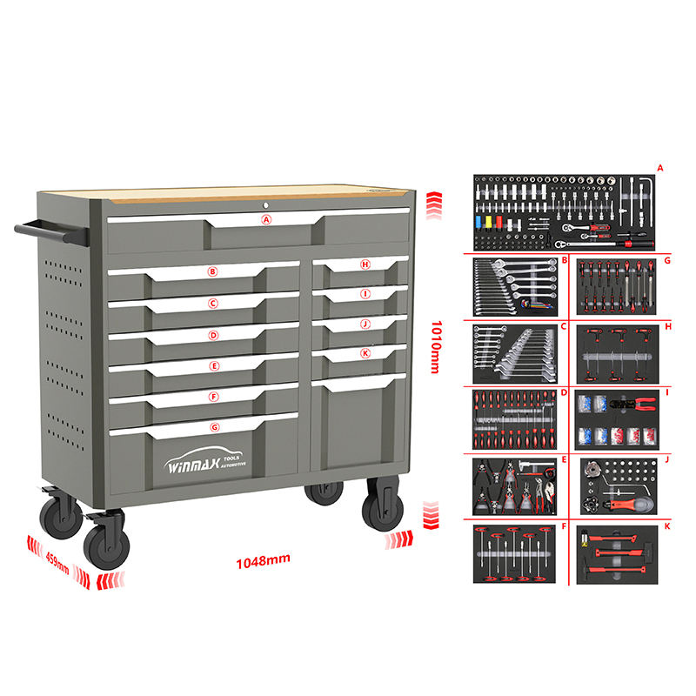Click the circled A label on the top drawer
[267, 220]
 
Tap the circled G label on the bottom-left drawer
[214, 427]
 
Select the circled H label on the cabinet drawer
[365, 264]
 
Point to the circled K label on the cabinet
[365, 353]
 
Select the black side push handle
[50, 231]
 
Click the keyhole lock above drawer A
[267, 204]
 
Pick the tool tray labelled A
[563, 211]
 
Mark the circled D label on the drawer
[213, 335]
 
